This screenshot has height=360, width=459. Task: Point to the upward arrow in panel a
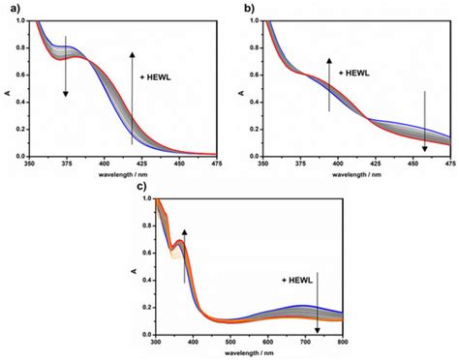[133, 97]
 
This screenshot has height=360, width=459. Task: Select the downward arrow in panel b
[424, 120]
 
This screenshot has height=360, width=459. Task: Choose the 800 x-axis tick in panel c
[341, 342]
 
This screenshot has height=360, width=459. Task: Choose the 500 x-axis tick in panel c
[229, 342]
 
